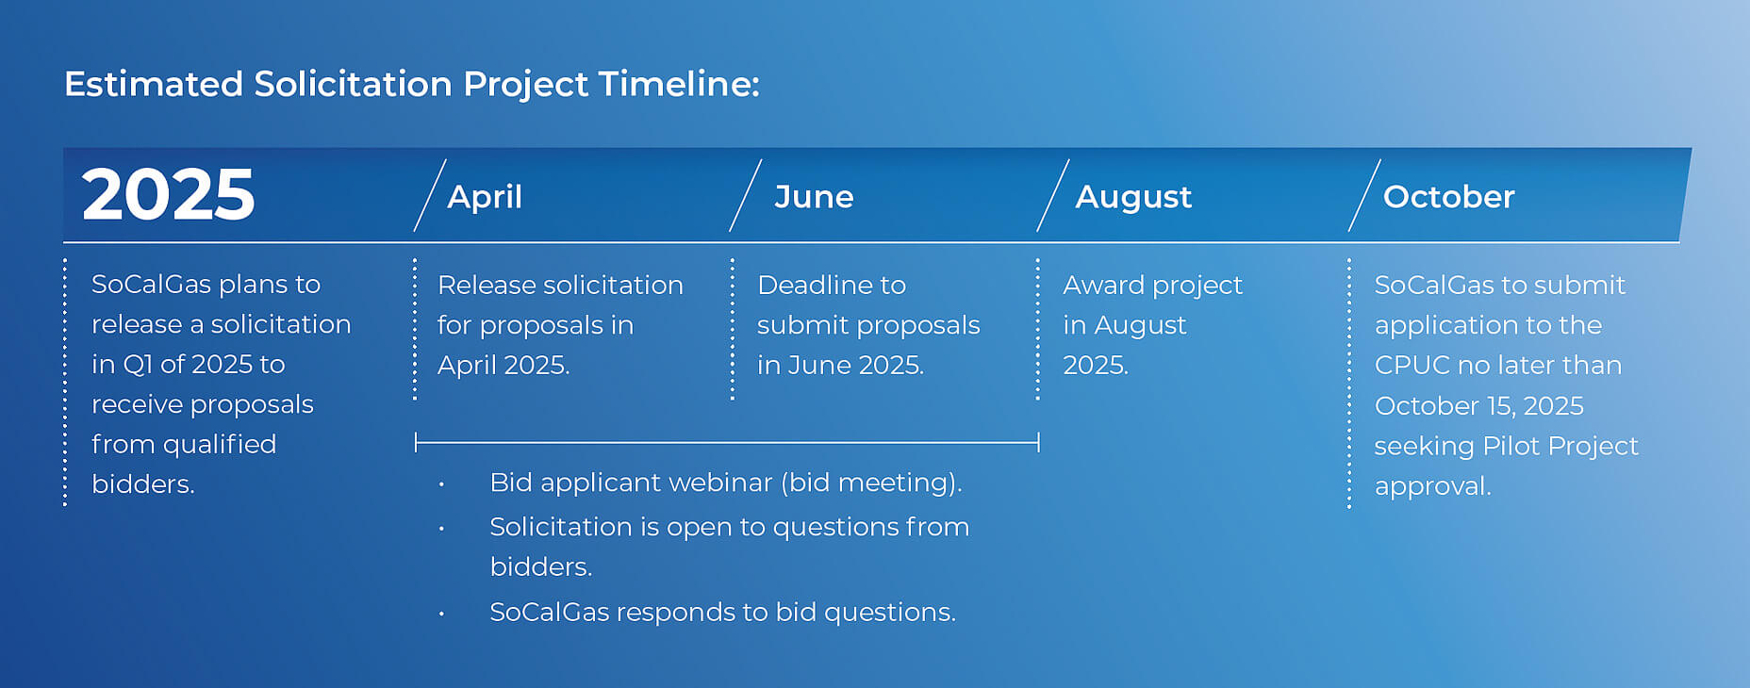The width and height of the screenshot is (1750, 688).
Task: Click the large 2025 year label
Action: click(x=168, y=195)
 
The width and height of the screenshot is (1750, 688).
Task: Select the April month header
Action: click(x=485, y=197)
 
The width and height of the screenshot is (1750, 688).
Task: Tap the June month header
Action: click(x=814, y=197)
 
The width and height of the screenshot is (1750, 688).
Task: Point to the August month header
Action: click(x=1133, y=198)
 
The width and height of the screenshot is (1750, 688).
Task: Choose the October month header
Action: click(x=1448, y=197)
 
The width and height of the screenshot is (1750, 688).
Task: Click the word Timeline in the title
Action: click(x=678, y=84)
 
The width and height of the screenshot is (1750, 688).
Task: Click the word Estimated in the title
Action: click(x=154, y=84)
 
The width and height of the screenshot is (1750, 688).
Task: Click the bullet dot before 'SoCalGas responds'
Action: click(x=441, y=614)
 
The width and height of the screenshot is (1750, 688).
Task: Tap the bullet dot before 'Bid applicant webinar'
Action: click(x=441, y=484)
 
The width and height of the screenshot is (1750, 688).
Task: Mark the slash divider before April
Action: click(x=430, y=195)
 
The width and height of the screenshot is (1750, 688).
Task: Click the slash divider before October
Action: click(x=1364, y=195)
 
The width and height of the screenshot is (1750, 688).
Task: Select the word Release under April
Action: click(x=487, y=285)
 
